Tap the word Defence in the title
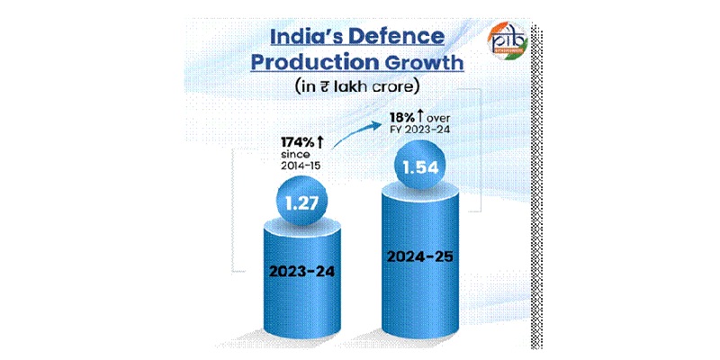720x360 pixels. [x=396, y=37]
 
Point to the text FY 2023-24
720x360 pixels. [x=415, y=129]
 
